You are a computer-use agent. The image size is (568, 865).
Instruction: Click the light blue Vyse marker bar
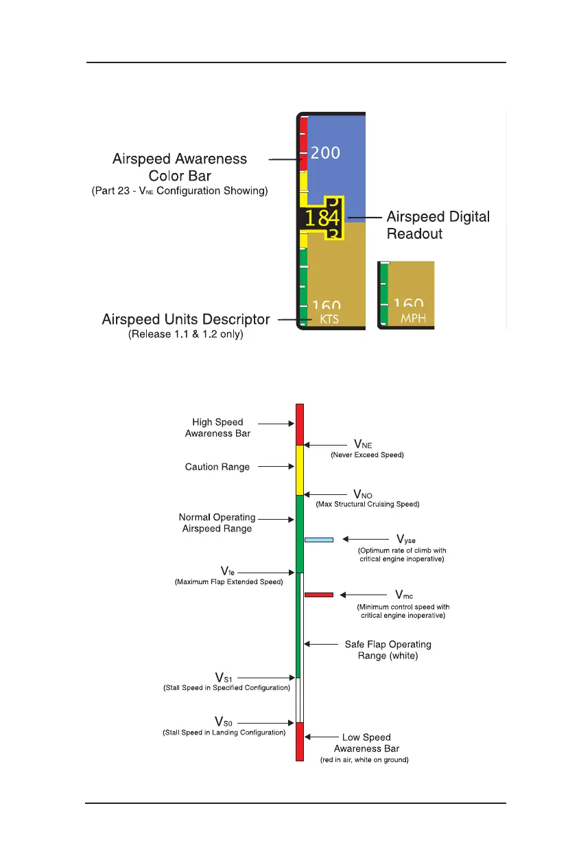318,540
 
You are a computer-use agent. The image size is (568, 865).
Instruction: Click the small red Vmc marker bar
318,594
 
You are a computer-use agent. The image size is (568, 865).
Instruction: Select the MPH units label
413,319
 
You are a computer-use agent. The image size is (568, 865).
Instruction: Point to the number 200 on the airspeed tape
325,152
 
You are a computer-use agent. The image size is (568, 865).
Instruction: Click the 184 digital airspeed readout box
322,218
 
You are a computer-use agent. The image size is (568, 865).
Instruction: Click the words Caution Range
217,467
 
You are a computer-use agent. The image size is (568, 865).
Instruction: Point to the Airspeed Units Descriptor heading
186,320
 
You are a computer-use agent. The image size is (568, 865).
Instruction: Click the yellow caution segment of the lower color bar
299,470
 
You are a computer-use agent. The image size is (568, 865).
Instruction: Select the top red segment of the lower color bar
299,424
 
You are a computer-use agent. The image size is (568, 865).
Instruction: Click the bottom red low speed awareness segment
299,741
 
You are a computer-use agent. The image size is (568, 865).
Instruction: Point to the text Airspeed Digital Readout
438,225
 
